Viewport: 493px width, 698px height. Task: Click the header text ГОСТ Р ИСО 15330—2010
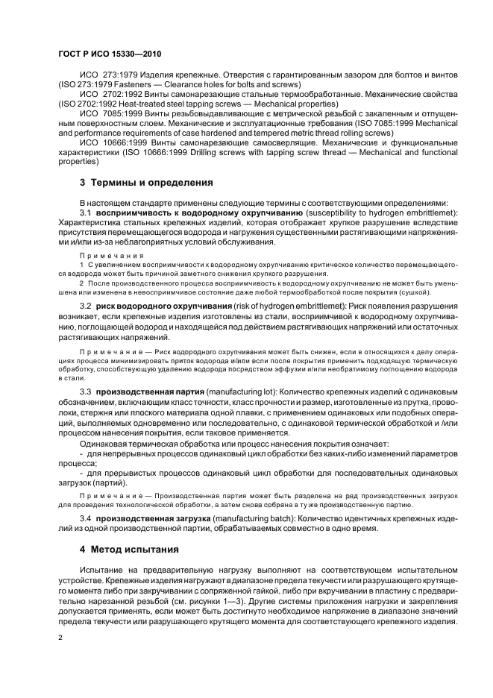pyautogui.click(x=110, y=55)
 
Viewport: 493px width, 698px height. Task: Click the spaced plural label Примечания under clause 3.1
pyautogui.click(x=101, y=255)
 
